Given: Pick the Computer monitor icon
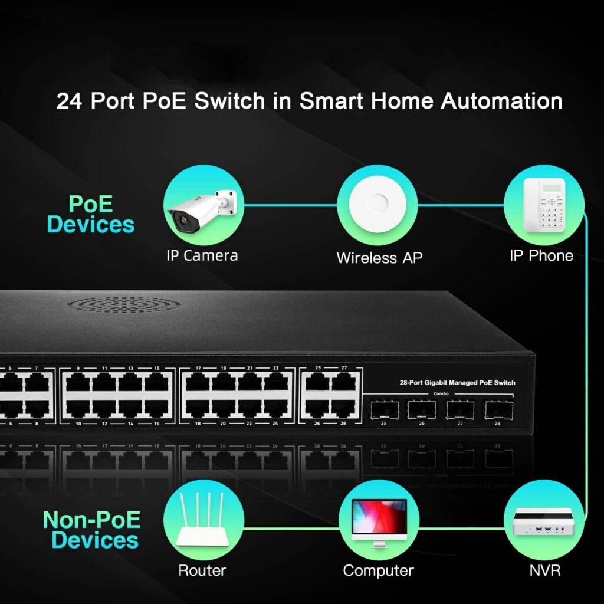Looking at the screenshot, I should point(378,519).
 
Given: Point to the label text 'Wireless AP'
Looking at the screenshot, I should point(379,258).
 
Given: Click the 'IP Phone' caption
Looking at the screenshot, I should point(541,255).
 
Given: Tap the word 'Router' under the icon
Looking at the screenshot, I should point(202,570).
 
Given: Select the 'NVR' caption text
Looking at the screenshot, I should point(544,570).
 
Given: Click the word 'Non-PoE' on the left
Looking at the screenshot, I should point(92,520).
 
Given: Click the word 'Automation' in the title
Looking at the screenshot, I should point(501,101).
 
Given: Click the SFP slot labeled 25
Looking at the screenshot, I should point(383,408).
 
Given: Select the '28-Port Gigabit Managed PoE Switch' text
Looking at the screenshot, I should point(457,383).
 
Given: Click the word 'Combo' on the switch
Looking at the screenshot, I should point(441,393).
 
